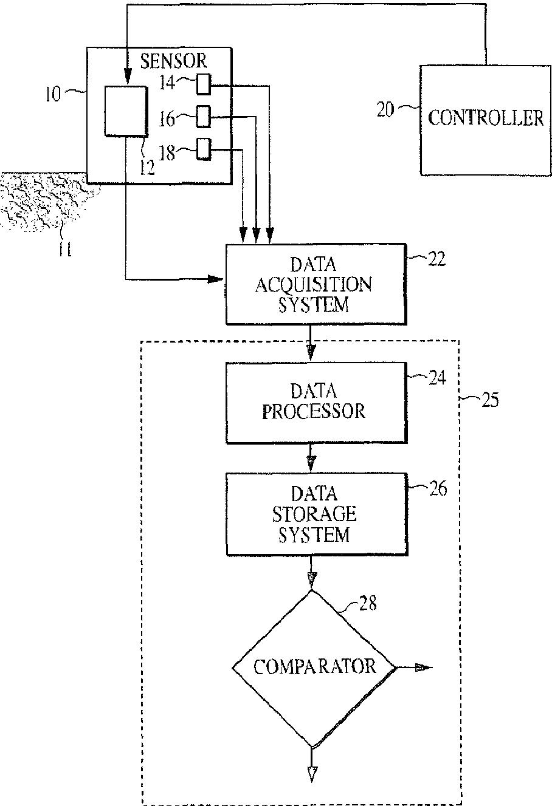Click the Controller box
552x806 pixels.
486,120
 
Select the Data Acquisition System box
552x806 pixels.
316,284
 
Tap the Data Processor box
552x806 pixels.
316,403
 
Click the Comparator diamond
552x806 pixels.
314,668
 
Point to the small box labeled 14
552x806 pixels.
204,84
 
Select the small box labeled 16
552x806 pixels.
204,117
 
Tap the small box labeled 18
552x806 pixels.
204,149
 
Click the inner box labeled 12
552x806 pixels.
126,111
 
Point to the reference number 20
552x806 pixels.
385,109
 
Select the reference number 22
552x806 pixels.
436,259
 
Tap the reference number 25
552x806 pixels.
490,400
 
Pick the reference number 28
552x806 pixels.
368,603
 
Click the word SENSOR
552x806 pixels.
173,61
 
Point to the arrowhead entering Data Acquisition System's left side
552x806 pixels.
215,279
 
